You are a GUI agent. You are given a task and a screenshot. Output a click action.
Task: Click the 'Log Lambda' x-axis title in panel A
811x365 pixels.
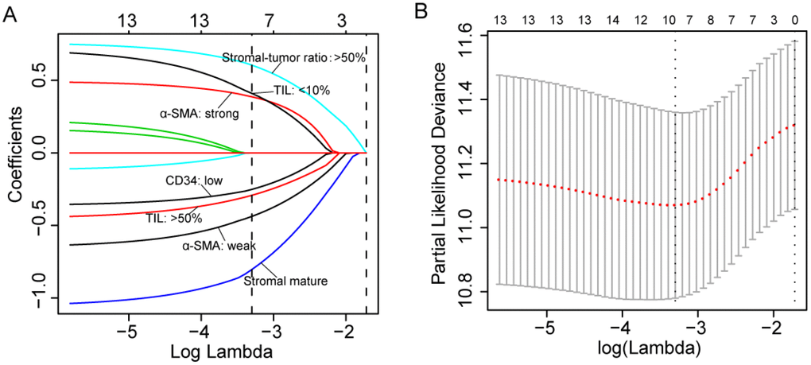click(211, 350)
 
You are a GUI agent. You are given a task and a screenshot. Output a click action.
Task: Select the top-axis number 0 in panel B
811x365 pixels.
click(794, 19)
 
